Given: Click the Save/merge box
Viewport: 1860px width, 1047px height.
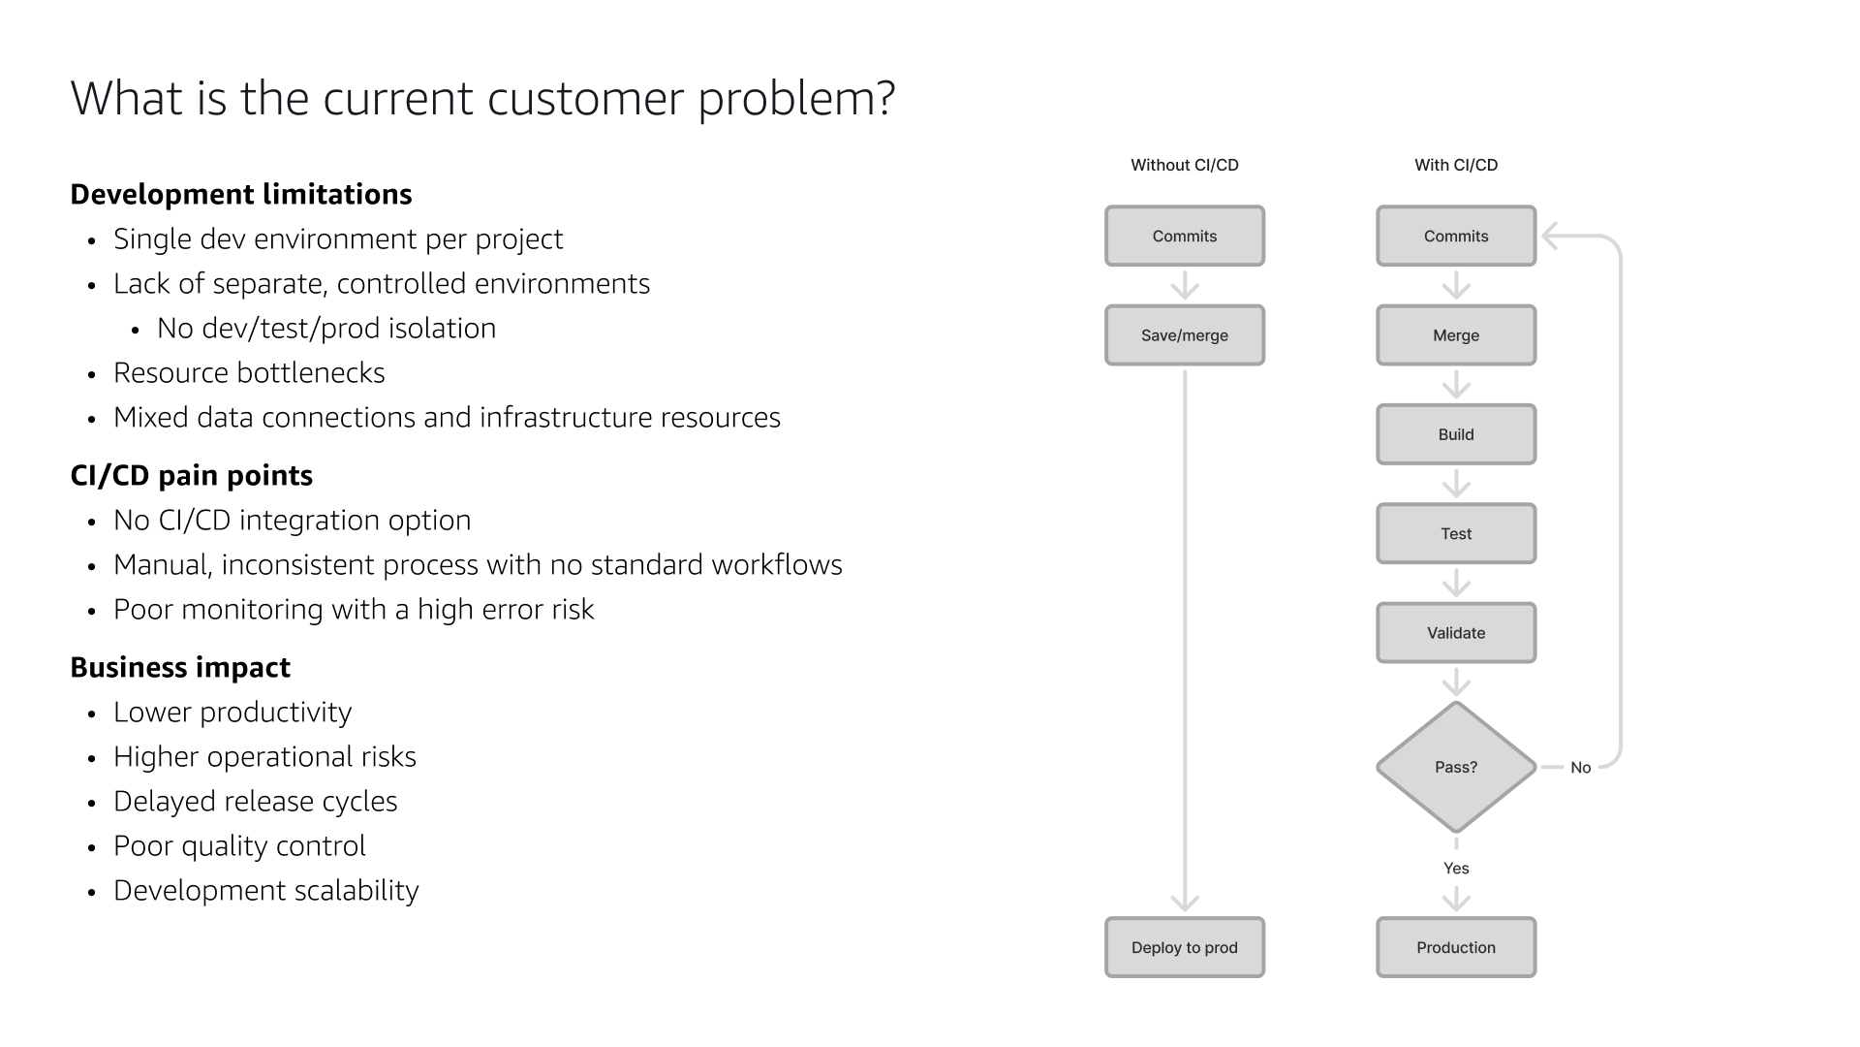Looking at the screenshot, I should (x=1184, y=335).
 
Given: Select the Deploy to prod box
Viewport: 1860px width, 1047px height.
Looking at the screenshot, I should (x=1184, y=947).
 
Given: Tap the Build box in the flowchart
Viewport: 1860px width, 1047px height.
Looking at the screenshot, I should (x=1455, y=434).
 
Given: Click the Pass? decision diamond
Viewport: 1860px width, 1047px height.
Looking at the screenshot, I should (x=1455, y=767).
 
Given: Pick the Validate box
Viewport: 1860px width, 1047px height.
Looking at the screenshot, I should (x=1455, y=633).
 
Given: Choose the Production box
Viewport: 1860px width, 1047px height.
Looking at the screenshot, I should (x=1455, y=947).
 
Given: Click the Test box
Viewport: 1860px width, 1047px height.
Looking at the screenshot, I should (x=1455, y=533).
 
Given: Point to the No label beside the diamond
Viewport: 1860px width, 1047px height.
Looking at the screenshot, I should (x=1580, y=768).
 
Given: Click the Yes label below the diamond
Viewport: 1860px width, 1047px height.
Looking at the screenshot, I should (x=1455, y=869).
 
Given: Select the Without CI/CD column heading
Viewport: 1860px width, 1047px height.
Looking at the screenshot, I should (x=1184, y=165).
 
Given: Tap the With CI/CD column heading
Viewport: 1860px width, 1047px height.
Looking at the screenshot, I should (x=1455, y=165).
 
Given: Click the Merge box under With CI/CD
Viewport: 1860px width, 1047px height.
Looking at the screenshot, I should (x=1455, y=335).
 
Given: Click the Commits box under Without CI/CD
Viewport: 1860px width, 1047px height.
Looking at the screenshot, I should (x=1184, y=236).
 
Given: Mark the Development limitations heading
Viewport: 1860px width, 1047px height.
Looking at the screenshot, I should (x=241, y=194).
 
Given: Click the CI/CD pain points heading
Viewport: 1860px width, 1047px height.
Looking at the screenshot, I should (x=192, y=475).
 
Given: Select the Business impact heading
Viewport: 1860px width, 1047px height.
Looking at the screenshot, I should (x=180, y=667).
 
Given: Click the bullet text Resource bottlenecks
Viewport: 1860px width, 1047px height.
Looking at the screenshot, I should (x=249, y=373).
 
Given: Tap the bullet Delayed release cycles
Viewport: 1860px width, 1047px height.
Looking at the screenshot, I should (x=255, y=802).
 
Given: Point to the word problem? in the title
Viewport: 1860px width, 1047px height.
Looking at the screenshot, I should (x=796, y=99).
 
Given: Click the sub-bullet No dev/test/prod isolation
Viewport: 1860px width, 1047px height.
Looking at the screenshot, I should (x=326, y=329).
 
